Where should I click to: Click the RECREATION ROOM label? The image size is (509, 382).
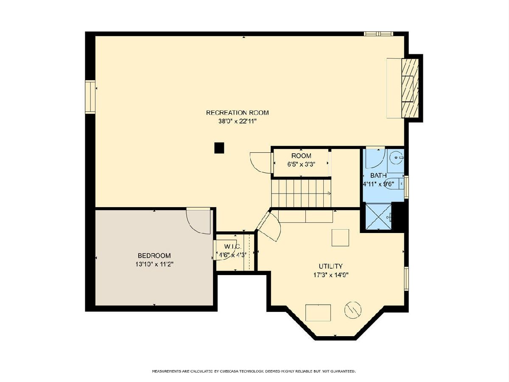[237, 113]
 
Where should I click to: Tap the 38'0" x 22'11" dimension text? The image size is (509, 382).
[237, 121]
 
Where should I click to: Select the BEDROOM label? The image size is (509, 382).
[154, 256]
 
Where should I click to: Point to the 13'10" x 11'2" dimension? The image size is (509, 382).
[154, 264]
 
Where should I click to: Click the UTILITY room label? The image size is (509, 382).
[331, 266]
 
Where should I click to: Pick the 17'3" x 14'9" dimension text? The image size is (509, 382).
[331, 275]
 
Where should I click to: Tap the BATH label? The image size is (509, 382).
[378, 175]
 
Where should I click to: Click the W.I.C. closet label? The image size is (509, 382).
[232, 246]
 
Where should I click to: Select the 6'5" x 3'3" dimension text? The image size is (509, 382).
[301, 164]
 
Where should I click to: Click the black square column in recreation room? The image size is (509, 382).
[219, 148]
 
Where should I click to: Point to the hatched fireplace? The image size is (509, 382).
[410, 88]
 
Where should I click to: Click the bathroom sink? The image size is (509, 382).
[396, 158]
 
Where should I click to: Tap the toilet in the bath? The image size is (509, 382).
[394, 184]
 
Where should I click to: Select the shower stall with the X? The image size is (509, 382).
[378, 216]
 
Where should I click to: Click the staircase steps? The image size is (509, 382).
[301, 194]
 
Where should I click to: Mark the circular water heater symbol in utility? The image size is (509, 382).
[353, 310]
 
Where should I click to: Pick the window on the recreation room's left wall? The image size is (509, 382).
[90, 97]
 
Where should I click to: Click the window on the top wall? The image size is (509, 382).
[378, 34]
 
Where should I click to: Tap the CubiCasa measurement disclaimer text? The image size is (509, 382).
[254, 371]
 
